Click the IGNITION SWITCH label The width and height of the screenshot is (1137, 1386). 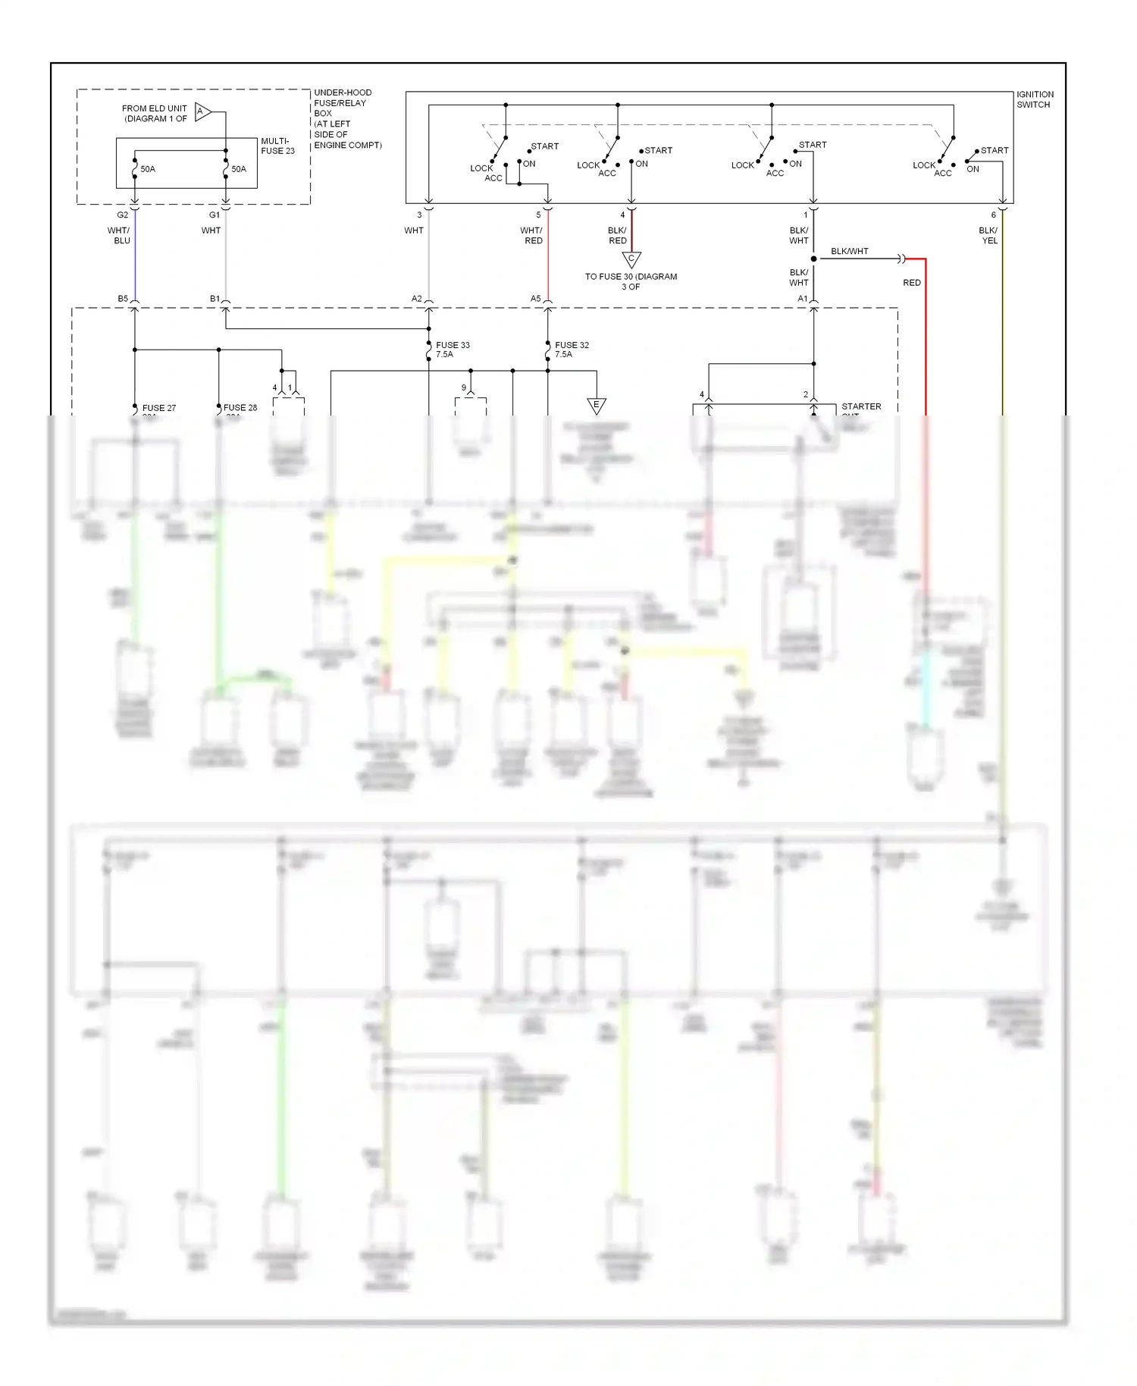tap(1035, 99)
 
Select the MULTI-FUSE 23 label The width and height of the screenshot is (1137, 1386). tap(277, 146)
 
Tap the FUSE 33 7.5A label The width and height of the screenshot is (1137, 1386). tap(453, 350)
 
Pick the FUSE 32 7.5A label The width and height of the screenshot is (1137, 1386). tap(572, 350)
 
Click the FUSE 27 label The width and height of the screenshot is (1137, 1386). tap(158, 408)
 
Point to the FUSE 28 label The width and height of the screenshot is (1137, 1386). tap(240, 408)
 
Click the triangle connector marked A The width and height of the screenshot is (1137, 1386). tap(202, 112)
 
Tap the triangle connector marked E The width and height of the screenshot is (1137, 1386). tap(597, 406)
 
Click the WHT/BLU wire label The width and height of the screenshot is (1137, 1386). tap(119, 235)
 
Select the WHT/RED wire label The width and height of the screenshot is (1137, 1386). tap(532, 235)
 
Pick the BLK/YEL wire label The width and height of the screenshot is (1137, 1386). tap(988, 235)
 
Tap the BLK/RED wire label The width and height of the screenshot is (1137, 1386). tap(617, 235)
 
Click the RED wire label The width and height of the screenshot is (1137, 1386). tap(911, 283)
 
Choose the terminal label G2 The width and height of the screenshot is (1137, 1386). tap(123, 215)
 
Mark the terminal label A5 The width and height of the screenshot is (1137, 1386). tap(536, 299)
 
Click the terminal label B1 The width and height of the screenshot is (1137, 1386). tap(215, 299)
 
